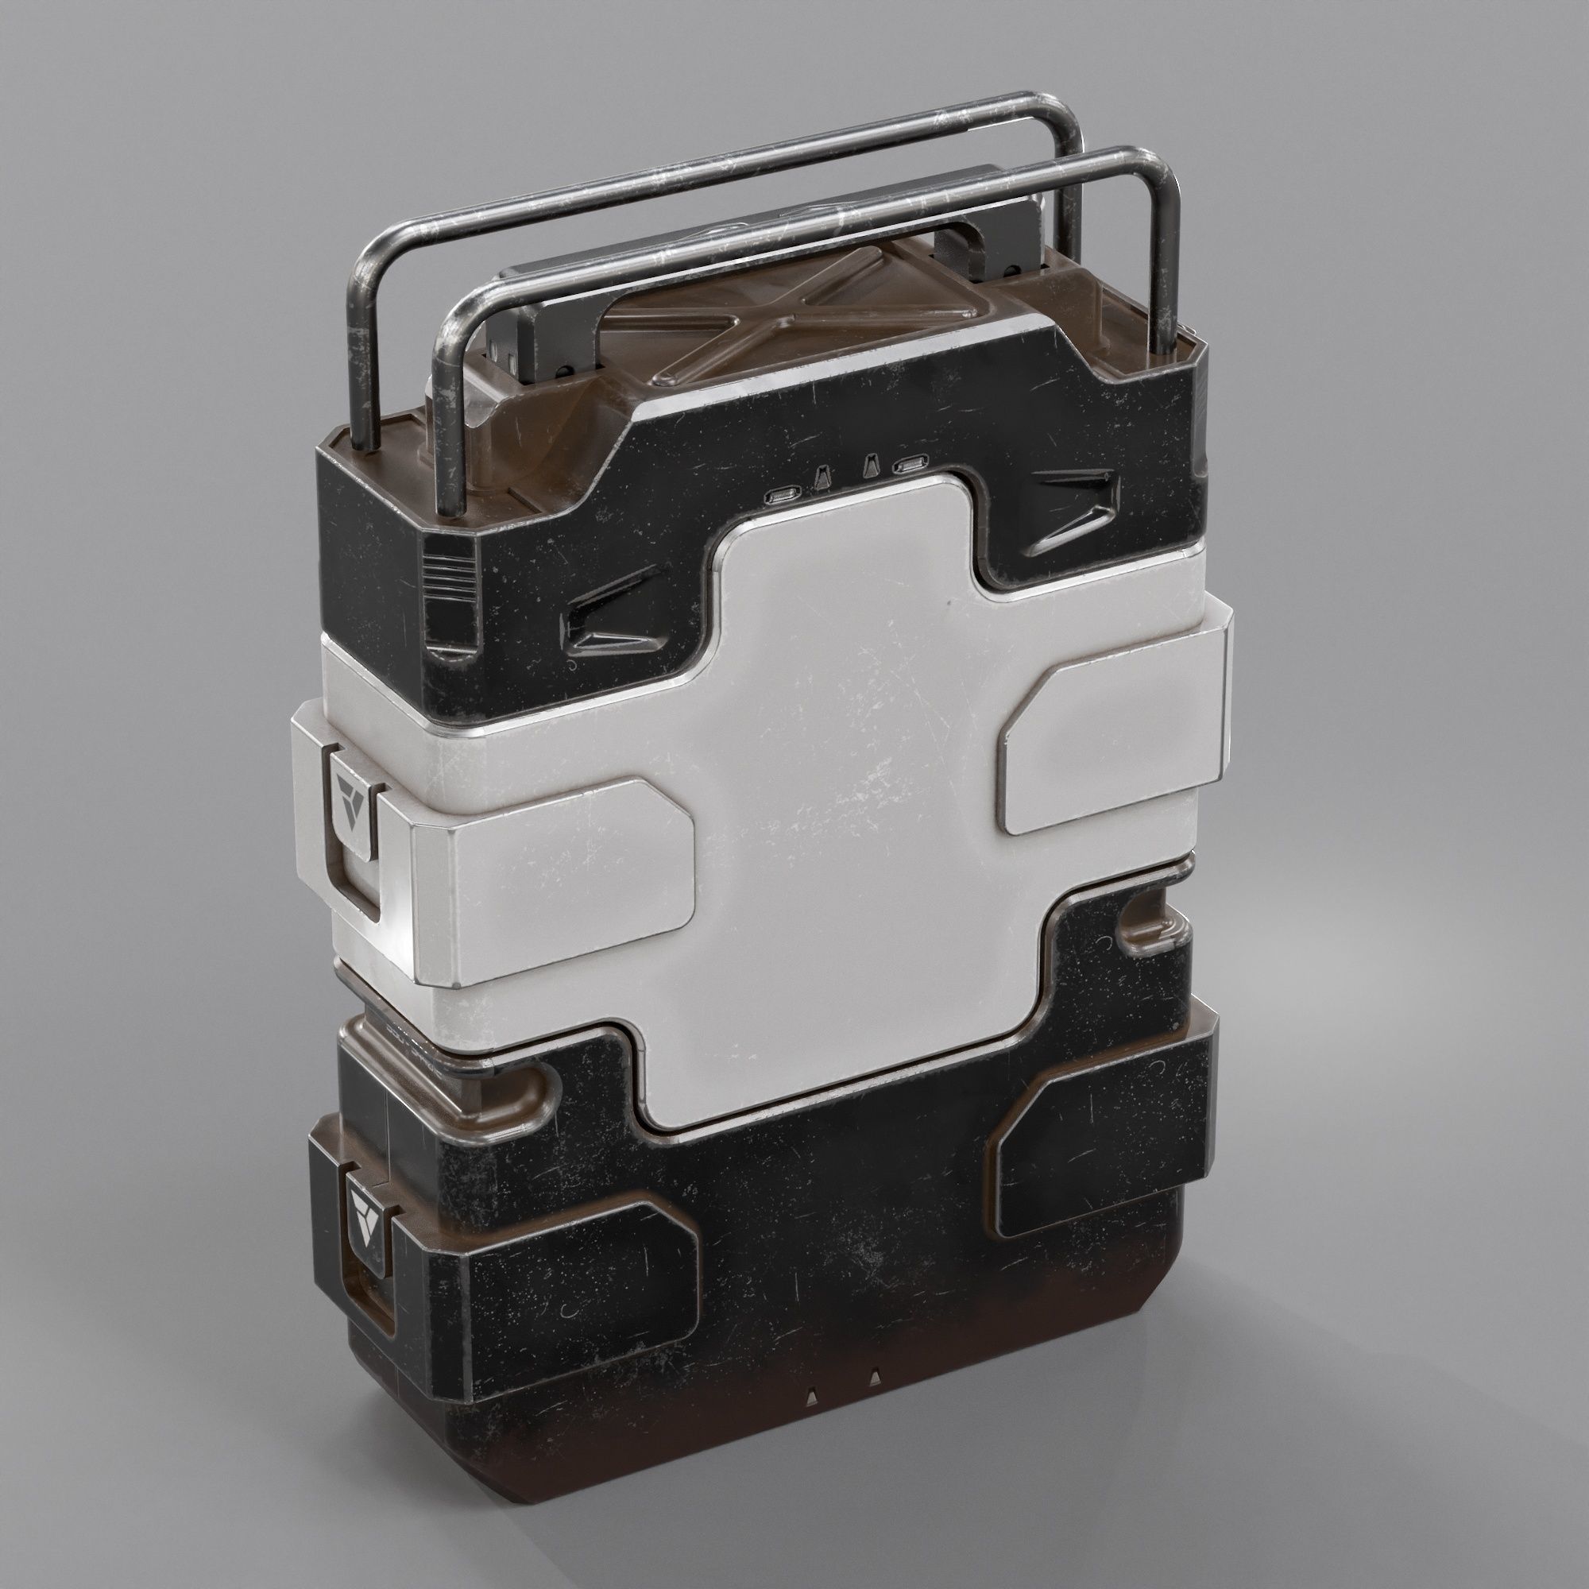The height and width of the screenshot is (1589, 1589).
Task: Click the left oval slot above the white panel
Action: click(779, 495)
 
